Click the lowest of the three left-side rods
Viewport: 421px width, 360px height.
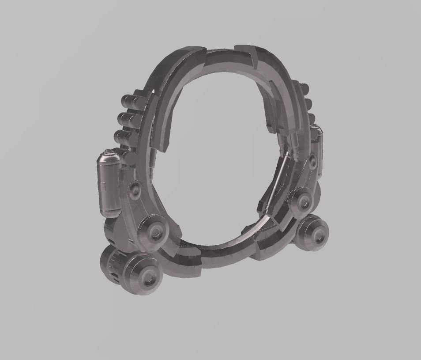[x=126, y=136]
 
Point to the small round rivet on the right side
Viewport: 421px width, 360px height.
[x=312, y=161]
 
